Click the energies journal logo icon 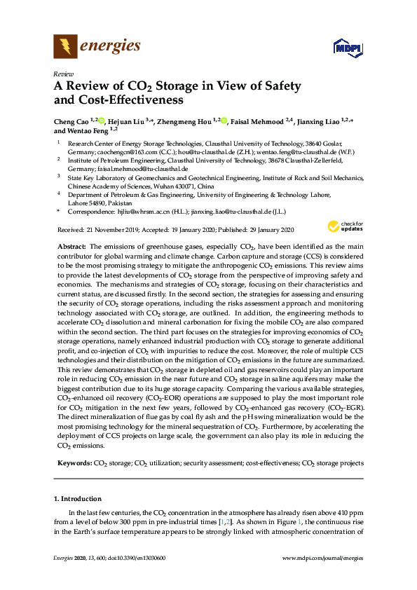[x=65, y=47]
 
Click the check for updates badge [x=341, y=227]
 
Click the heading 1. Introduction [x=78, y=499]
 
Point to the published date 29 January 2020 [x=254, y=229]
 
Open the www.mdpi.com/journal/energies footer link [x=322, y=577]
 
